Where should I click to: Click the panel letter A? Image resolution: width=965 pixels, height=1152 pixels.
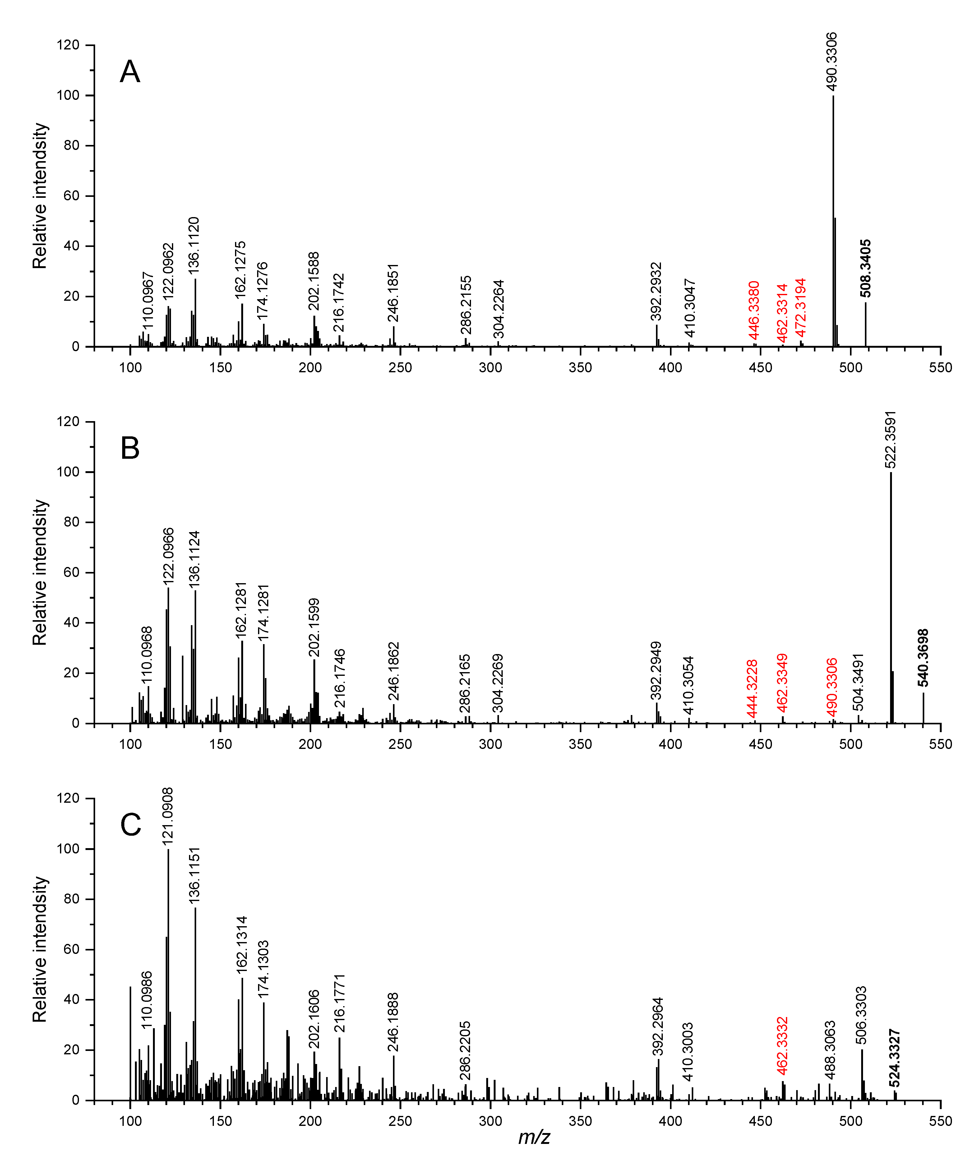130,72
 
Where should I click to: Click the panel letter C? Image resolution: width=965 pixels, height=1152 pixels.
131,825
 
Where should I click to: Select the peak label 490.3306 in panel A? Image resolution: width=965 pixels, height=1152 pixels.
831,62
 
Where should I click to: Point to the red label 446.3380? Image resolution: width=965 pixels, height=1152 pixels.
754,310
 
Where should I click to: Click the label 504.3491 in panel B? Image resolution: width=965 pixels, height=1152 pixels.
858,682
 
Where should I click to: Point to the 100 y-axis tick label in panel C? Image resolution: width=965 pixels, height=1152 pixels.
68,849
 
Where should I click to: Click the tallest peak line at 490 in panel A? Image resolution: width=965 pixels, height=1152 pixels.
833,221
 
